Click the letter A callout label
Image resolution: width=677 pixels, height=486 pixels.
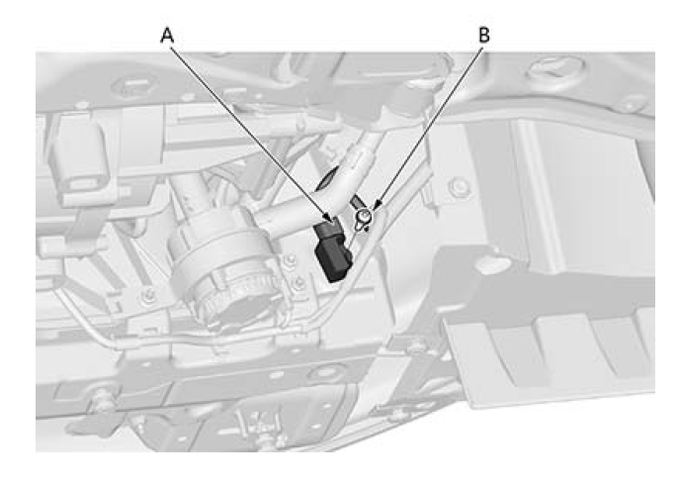click(167, 36)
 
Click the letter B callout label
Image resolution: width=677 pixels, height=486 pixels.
click(484, 35)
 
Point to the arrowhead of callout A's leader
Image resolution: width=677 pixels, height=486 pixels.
click(331, 219)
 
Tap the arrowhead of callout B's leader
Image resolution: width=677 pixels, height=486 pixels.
click(376, 206)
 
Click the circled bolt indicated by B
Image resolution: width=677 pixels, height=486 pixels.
click(365, 216)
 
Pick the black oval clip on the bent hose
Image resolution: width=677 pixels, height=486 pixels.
click(326, 178)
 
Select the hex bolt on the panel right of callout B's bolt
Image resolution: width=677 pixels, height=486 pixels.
click(460, 187)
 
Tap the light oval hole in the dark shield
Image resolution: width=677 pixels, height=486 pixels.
click(492, 264)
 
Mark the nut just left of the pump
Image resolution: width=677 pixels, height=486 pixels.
click(148, 296)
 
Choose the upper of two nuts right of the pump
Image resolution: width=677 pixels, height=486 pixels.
click(291, 260)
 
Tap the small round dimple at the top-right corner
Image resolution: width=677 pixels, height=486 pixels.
click(630, 105)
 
